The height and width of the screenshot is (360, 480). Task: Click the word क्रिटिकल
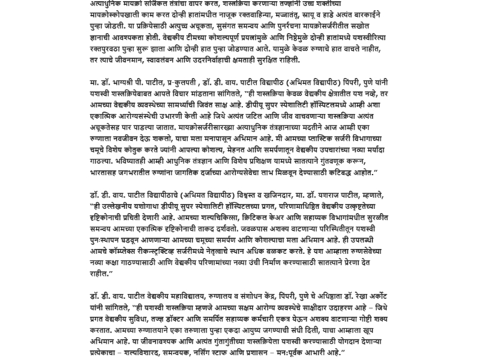click(x=245, y=218)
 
